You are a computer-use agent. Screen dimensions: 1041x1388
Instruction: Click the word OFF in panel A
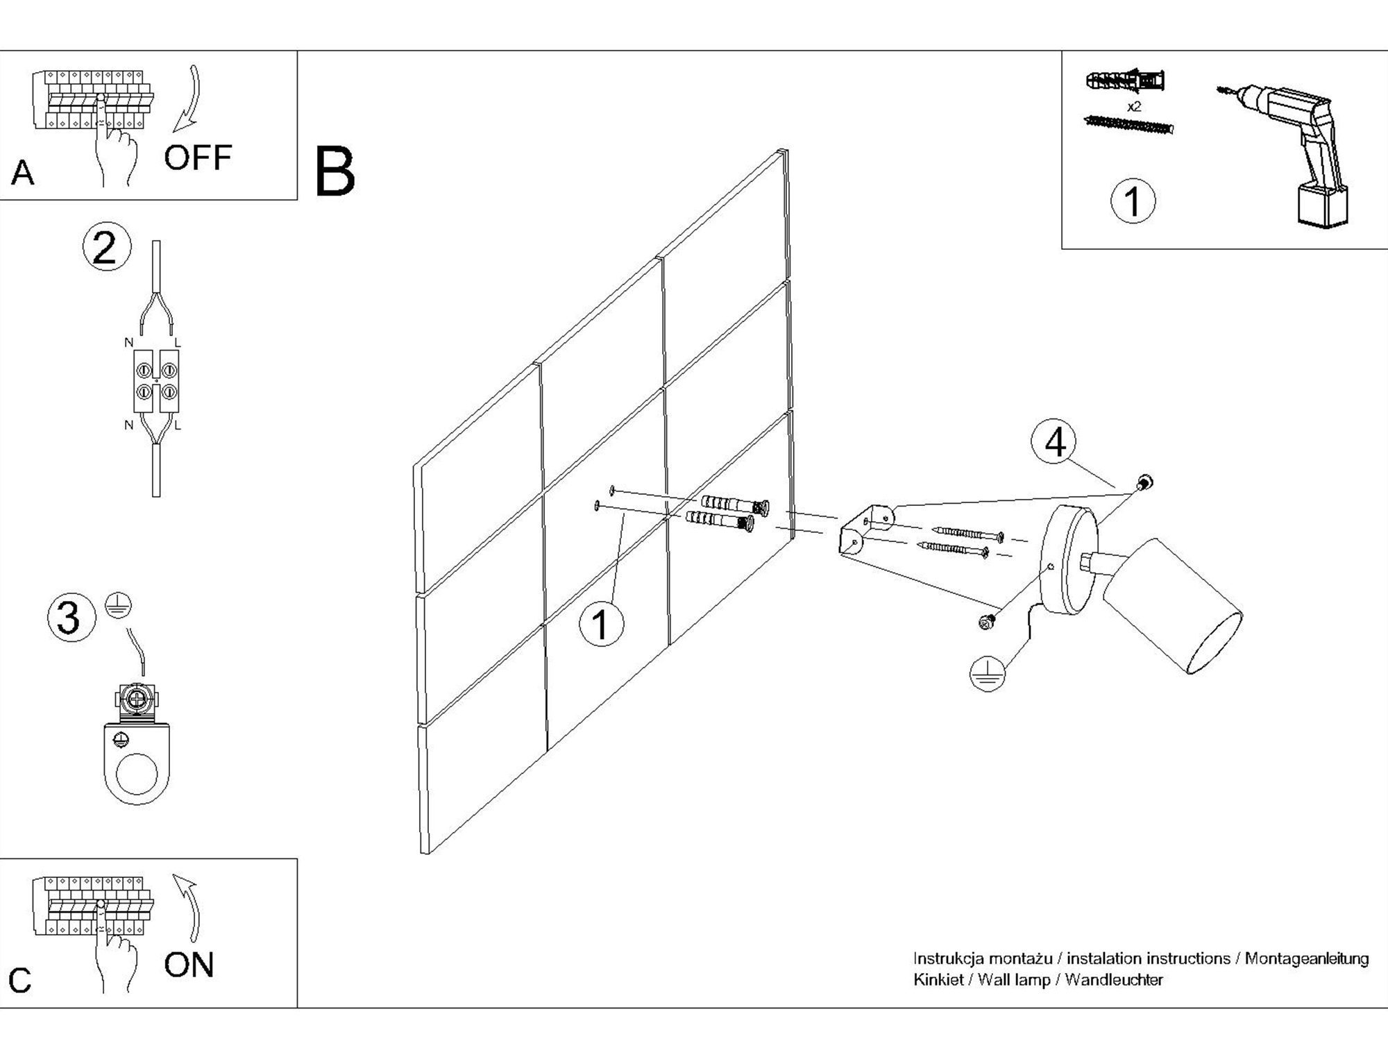point(197,158)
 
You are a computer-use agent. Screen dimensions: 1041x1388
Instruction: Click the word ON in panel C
point(189,965)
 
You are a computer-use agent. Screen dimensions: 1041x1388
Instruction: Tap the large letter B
point(335,171)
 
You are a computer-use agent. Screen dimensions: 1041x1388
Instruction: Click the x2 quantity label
point(1134,107)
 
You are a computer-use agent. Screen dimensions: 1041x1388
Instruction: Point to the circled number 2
point(106,248)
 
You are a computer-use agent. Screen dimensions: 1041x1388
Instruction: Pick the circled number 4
point(1054,442)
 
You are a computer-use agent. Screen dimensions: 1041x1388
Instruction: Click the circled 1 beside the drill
point(1133,201)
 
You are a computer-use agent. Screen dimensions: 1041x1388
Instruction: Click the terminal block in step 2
point(156,381)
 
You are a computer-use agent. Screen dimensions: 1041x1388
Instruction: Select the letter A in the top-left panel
point(23,173)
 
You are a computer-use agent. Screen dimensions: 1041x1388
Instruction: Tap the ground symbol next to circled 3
point(119,606)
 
